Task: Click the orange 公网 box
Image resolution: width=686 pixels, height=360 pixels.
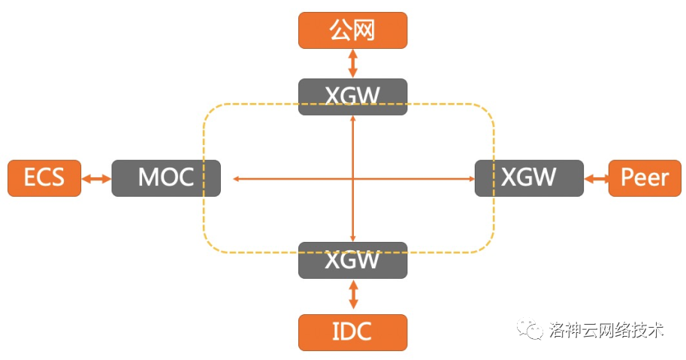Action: (x=352, y=30)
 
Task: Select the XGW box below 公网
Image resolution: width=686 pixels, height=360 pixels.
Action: (x=352, y=96)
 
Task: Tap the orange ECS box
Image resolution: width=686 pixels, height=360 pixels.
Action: (x=44, y=178)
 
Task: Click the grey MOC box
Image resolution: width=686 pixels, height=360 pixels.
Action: (x=166, y=178)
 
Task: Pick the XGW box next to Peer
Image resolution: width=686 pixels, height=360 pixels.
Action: (x=529, y=178)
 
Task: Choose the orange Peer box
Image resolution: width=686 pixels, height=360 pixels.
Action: (x=645, y=178)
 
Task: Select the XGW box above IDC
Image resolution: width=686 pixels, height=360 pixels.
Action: (x=352, y=260)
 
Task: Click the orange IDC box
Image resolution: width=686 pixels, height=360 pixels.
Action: (x=352, y=331)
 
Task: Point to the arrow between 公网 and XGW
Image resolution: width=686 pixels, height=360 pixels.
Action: (x=352, y=63)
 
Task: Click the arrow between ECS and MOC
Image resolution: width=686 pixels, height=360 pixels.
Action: (x=96, y=179)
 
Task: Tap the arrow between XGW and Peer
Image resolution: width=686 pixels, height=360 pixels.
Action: (x=596, y=179)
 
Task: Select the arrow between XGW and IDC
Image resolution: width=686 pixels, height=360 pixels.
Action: (x=352, y=295)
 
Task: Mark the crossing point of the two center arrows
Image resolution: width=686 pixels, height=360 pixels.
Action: (x=352, y=179)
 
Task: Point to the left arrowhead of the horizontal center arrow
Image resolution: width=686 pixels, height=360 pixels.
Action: (x=236, y=179)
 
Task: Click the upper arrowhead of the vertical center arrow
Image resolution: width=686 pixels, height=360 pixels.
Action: (x=352, y=120)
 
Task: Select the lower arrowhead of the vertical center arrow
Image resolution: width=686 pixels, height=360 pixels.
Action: (x=352, y=237)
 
